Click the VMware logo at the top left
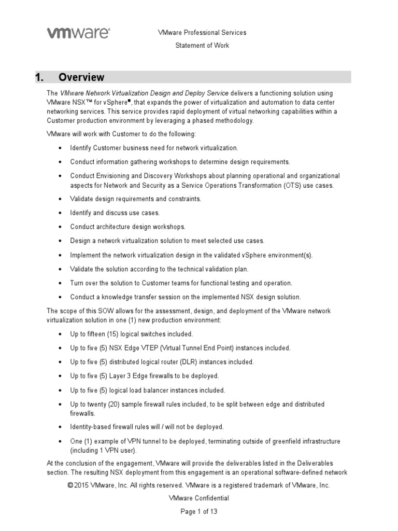click(x=79, y=33)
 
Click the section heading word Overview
click(x=81, y=77)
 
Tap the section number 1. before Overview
click(x=39, y=77)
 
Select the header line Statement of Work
click(x=202, y=45)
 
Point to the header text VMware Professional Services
click(x=202, y=33)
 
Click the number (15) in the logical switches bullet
click(x=112, y=334)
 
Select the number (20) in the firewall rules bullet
click(x=117, y=404)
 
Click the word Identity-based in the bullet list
click(x=91, y=427)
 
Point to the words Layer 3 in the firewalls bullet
click(x=130, y=376)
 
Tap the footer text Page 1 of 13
click(x=198, y=511)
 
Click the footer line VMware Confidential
click(x=199, y=498)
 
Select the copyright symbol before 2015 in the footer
click(x=71, y=485)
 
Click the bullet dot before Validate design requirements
click(x=61, y=199)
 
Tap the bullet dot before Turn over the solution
click(x=61, y=283)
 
